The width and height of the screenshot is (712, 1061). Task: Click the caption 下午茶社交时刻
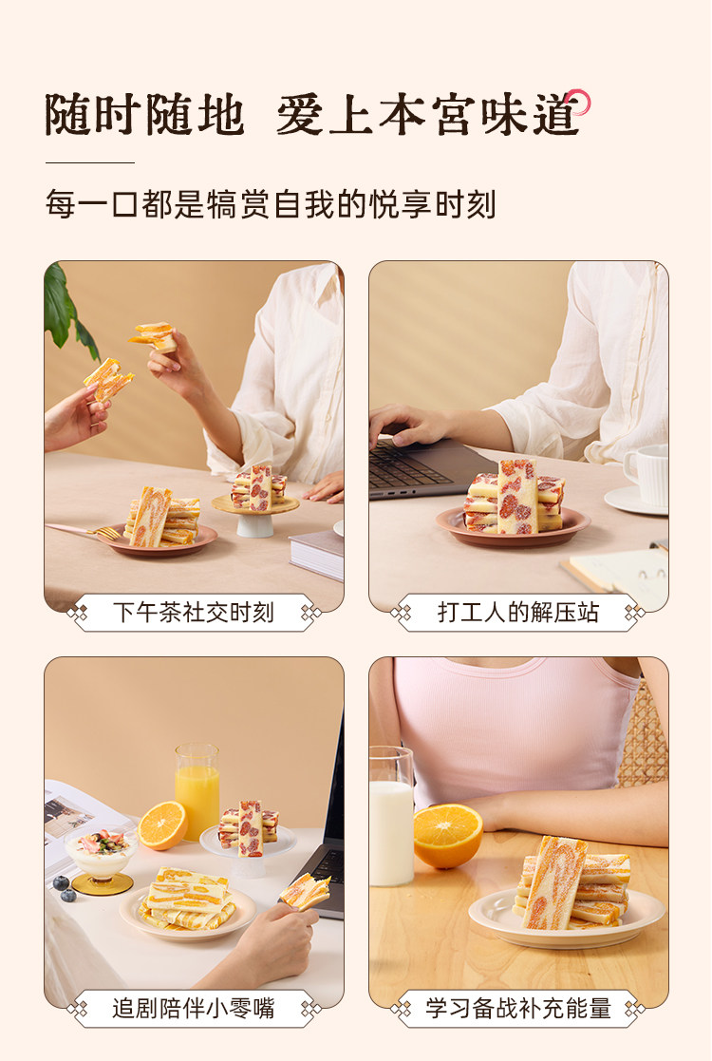194,613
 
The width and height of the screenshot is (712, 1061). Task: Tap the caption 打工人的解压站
518,613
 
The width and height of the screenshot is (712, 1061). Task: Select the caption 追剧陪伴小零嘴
194,1008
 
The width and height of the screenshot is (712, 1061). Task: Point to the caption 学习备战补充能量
518,1008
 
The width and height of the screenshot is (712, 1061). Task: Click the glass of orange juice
197,790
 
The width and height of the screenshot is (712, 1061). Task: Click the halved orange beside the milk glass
448,836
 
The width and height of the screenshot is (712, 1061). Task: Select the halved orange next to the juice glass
162,824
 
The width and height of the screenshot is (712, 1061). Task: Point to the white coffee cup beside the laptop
646,475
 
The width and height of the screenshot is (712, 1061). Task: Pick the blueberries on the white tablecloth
64,888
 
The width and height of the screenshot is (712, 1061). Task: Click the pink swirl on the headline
579,102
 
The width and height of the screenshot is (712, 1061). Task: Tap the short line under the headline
90,162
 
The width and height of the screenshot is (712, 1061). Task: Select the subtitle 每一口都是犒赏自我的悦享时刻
271,204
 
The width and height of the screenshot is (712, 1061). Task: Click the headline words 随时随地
144,114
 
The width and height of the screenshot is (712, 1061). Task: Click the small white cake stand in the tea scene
255,517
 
